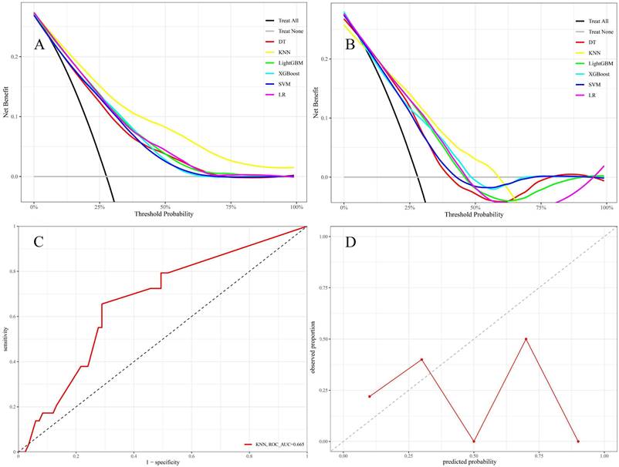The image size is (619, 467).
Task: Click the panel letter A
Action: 39,44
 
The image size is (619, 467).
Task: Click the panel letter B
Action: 350,44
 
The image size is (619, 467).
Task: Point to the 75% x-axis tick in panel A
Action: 231,208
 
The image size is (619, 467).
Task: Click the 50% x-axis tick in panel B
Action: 475,208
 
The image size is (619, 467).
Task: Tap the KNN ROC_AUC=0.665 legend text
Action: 279,444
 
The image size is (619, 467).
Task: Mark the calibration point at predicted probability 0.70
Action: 526,339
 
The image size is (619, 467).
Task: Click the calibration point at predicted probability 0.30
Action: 421,359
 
